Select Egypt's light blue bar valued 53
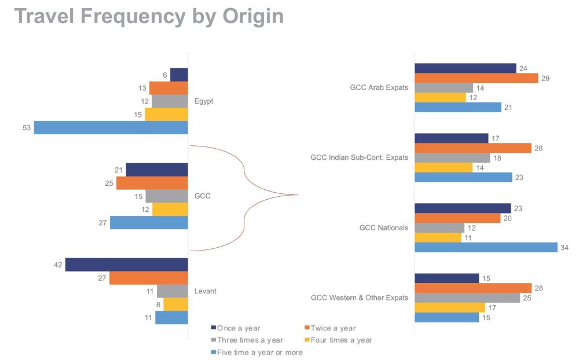click(x=111, y=127)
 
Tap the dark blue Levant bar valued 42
click(x=127, y=265)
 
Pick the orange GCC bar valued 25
click(x=152, y=183)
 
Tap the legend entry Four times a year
click(x=341, y=340)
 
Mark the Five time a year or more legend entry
click(x=259, y=352)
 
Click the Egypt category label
click(x=204, y=101)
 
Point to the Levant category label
click(x=206, y=291)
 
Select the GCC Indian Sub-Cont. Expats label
click(x=359, y=157)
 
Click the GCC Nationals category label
click(x=383, y=227)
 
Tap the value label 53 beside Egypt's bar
click(x=27, y=128)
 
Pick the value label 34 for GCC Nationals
click(x=565, y=248)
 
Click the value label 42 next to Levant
click(x=58, y=265)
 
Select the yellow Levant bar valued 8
click(x=176, y=304)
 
